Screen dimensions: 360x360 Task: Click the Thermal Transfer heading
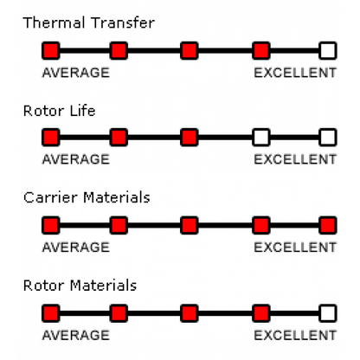point(89,22)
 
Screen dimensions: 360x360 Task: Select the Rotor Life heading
point(59,111)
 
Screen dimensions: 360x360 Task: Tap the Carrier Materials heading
point(87,197)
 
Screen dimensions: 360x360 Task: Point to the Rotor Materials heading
point(80,286)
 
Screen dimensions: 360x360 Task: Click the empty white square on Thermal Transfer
point(328,51)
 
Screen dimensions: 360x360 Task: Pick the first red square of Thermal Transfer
point(51,51)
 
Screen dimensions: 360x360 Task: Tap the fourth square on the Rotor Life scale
point(261,138)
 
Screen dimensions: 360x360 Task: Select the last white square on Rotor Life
point(328,138)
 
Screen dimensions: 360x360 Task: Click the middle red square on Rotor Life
point(190,138)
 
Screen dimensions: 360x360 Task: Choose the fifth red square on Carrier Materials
point(328,225)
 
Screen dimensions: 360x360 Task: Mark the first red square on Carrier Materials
point(51,225)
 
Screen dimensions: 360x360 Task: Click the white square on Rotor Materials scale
point(328,313)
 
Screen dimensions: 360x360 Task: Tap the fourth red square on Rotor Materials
point(261,313)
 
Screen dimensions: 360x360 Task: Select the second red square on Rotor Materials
point(119,313)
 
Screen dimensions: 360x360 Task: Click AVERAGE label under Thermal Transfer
point(76,73)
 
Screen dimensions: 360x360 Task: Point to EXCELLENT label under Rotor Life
point(295,159)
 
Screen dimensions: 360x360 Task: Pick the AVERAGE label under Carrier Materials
point(76,247)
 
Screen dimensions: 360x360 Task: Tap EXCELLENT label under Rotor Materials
point(295,335)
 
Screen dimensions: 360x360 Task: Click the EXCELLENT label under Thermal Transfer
point(295,73)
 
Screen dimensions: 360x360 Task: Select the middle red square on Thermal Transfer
point(190,51)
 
